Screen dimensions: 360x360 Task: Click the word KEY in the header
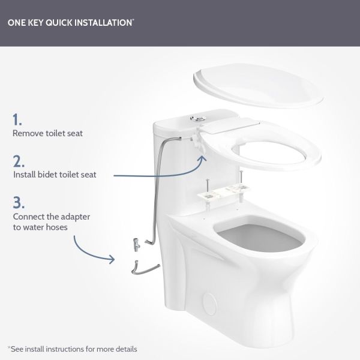coord(39,23)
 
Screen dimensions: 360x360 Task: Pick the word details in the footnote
coord(124,349)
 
